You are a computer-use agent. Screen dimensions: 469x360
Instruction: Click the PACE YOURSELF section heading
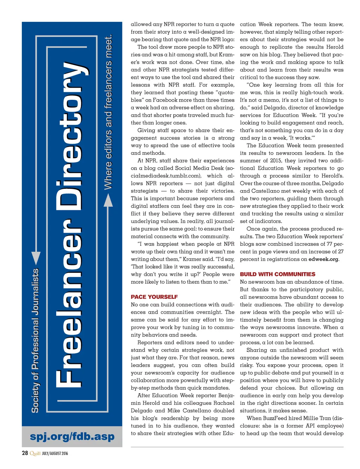pos(154,297)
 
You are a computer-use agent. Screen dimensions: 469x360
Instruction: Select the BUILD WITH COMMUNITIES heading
pos(277,274)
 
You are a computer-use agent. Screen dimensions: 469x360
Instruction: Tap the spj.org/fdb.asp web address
pos(72,436)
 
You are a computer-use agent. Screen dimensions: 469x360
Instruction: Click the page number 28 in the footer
pos(25,453)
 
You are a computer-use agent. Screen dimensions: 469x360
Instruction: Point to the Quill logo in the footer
pos(35,453)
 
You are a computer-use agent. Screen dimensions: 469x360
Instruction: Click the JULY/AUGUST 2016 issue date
pos(55,454)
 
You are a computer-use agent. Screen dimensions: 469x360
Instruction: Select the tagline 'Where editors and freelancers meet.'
pos(108,112)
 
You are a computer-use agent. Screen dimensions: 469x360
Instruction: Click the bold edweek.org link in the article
pos(323,259)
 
